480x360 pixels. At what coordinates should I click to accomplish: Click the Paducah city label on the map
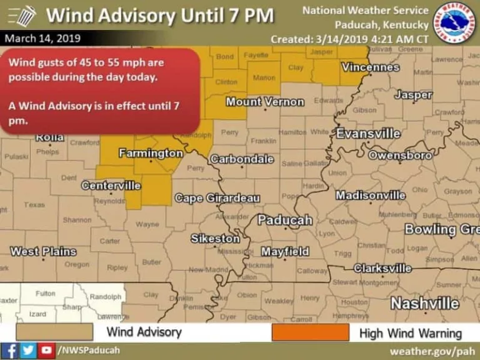[284, 220]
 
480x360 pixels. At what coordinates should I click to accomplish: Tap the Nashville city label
[424, 304]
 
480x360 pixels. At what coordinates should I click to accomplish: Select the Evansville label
[368, 134]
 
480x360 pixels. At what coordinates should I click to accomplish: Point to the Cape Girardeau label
[217, 198]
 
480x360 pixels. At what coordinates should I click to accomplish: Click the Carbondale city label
[242, 159]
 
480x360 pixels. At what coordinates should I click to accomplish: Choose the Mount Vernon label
[264, 102]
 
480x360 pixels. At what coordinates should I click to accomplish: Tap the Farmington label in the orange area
[151, 153]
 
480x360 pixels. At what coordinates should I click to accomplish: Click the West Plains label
[43, 252]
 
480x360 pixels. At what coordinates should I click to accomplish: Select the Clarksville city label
[382, 268]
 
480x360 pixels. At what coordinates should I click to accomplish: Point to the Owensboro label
[400, 154]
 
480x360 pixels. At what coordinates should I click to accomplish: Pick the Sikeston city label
[215, 239]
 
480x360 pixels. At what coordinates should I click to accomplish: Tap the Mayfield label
[284, 252]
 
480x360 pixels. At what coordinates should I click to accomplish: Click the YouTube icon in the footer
[46, 350]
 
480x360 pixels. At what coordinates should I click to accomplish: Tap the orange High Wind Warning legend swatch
[310, 332]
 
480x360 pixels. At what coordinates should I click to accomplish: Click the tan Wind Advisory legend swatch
[54, 332]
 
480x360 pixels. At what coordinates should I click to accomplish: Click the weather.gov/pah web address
[432, 351]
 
